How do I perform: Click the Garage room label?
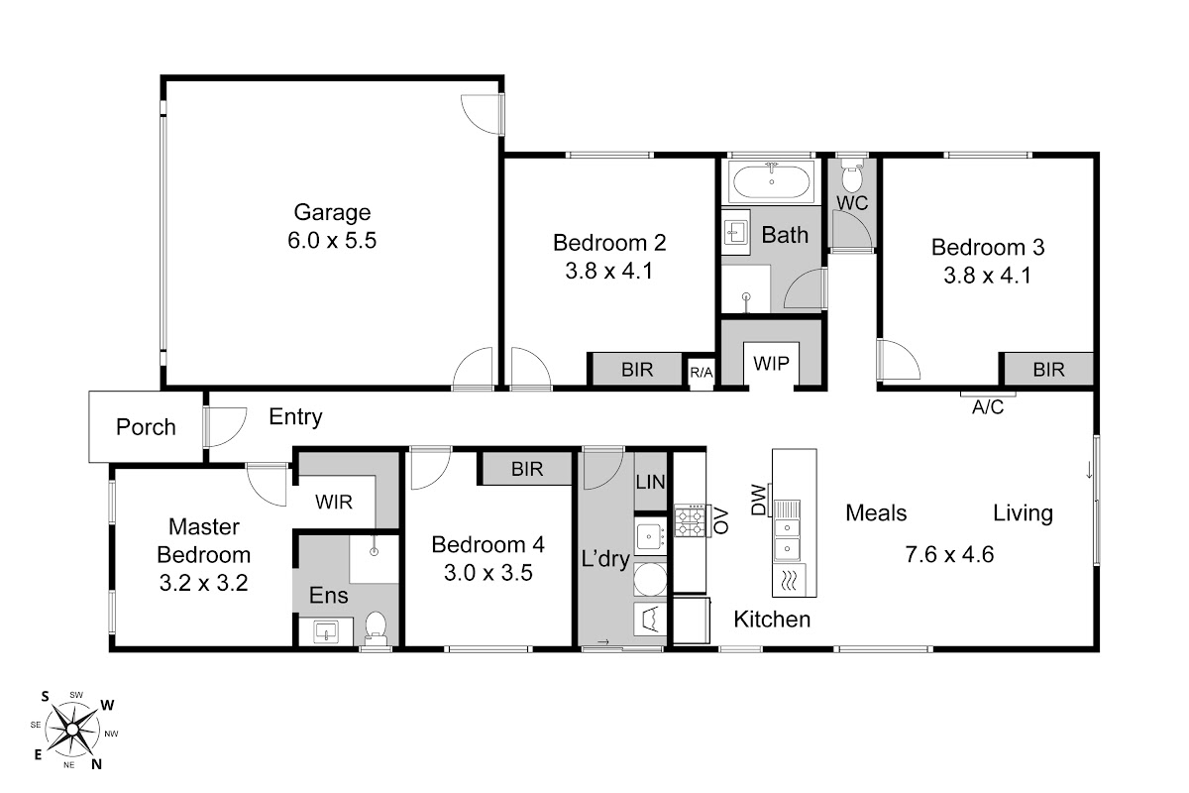332,212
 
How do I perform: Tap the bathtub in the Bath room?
771,181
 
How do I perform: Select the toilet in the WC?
852,174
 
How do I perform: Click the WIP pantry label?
771,364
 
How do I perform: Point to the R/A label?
702,373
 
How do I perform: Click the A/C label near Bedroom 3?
988,407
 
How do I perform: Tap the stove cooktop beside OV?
691,521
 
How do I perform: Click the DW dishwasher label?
759,500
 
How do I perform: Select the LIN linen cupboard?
650,482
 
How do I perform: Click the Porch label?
146,427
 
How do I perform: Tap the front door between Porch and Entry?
225,426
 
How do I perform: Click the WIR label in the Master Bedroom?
333,502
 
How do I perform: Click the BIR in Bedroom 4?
527,469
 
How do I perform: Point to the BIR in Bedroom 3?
1049,369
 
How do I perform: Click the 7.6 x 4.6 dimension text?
949,554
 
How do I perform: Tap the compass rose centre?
72,730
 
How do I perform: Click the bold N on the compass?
97,764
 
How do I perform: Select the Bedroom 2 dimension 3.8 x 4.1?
608,271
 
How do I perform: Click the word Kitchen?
772,620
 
